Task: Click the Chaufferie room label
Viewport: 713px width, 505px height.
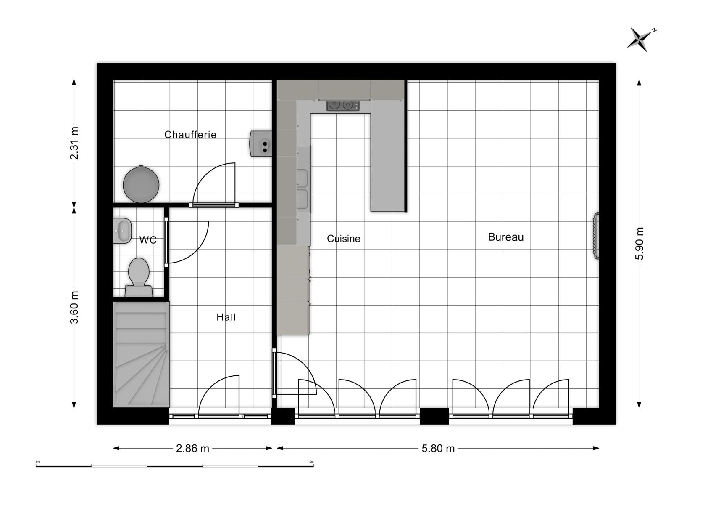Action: pyautogui.click(x=190, y=135)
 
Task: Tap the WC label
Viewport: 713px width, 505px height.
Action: pyautogui.click(x=148, y=240)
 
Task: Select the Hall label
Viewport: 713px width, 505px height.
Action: pyautogui.click(x=226, y=317)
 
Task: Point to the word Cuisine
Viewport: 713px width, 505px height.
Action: pyautogui.click(x=343, y=239)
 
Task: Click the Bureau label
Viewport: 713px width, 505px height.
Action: pyautogui.click(x=506, y=237)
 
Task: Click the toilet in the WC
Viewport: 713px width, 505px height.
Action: pyautogui.click(x=139, y=277)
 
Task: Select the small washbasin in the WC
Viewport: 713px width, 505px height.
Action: pyautogui.click(x=123, y=231)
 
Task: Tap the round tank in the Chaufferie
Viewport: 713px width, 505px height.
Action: pyautogui.click(x=141, y=184)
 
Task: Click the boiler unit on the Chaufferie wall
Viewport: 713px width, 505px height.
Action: pyautogui.click(x=260, y=144)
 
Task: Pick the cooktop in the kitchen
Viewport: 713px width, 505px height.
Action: pyautogui.click(x=343, y=106)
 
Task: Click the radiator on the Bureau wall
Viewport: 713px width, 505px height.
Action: pyautogui.click(x=596, y=236)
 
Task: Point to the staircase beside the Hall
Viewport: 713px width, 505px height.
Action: pyautogui.click(x=141, y=354)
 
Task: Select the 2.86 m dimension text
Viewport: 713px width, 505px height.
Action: pyautogui.click(x=192, y=448)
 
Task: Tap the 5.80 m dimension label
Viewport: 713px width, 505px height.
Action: pyautogui.click(x=438, y=448)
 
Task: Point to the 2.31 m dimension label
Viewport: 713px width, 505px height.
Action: pyautogui.click(x=74, y=143)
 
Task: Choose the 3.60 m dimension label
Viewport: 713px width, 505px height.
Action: pyautogui.click(x=74, y=307)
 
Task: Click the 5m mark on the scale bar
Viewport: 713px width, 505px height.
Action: pyautogui.click(x=311, y=462)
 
